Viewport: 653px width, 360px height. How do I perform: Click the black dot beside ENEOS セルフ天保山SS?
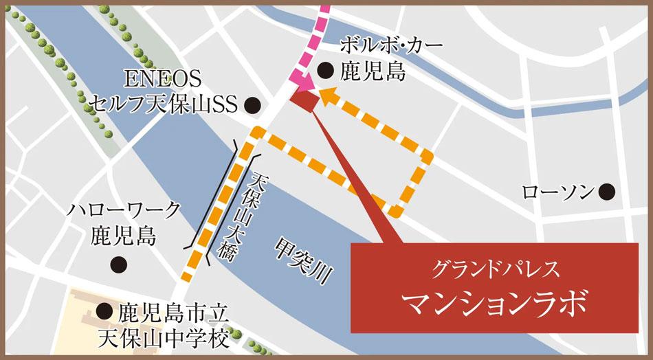[252, 105]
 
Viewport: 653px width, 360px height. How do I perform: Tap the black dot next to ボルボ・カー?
[326, 69]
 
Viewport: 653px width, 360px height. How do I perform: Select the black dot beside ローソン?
[606, 192]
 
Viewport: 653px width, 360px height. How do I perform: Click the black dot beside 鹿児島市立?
[104, 312]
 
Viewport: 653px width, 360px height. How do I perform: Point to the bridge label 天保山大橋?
[247, 213]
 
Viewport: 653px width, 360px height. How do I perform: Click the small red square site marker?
[304, 100]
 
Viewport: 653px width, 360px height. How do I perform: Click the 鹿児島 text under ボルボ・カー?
[375, 71]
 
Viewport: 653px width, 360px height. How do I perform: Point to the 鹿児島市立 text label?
[170, 313]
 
